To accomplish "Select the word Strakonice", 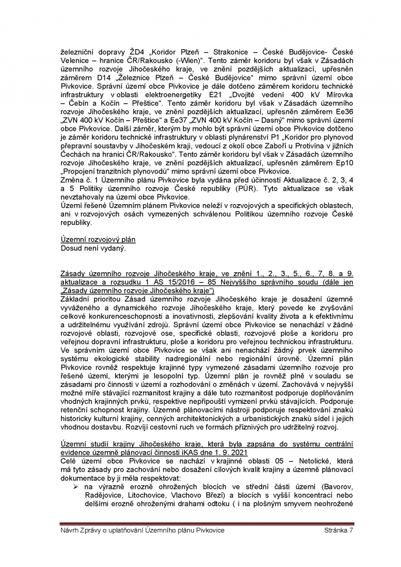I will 218,53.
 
